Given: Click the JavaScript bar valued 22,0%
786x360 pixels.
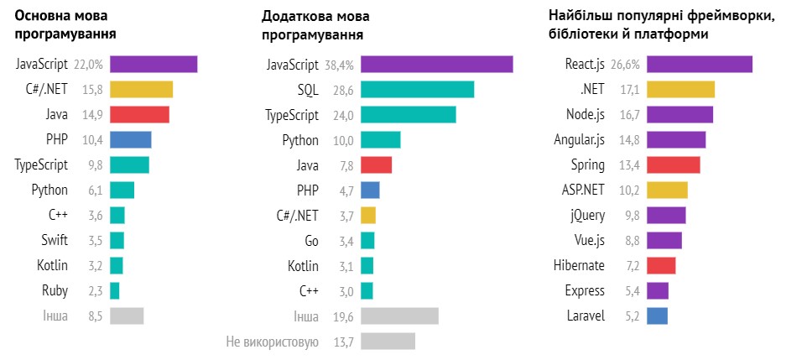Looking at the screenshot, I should [154, 65].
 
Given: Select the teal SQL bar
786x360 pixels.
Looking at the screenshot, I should [417, 90].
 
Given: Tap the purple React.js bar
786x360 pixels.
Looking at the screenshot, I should [699, 65].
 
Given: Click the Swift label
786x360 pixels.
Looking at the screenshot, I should [55, 241].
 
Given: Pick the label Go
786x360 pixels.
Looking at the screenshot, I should [311, 241].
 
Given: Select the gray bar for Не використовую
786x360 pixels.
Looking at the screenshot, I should [388, 342].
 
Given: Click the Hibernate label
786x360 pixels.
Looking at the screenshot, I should [579, 266].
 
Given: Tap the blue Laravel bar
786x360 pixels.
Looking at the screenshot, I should [657, 316].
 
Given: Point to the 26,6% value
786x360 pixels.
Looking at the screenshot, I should [626, 65].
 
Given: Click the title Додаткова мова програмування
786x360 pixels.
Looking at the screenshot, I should [315, 26].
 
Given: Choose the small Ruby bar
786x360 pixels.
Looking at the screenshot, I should [114, 291].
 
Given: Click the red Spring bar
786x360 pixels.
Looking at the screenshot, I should [673, 165].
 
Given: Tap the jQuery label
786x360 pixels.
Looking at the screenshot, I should [587, 216].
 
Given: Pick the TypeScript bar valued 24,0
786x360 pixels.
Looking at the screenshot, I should [408, 115].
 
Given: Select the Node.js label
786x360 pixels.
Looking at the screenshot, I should [585, 115].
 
